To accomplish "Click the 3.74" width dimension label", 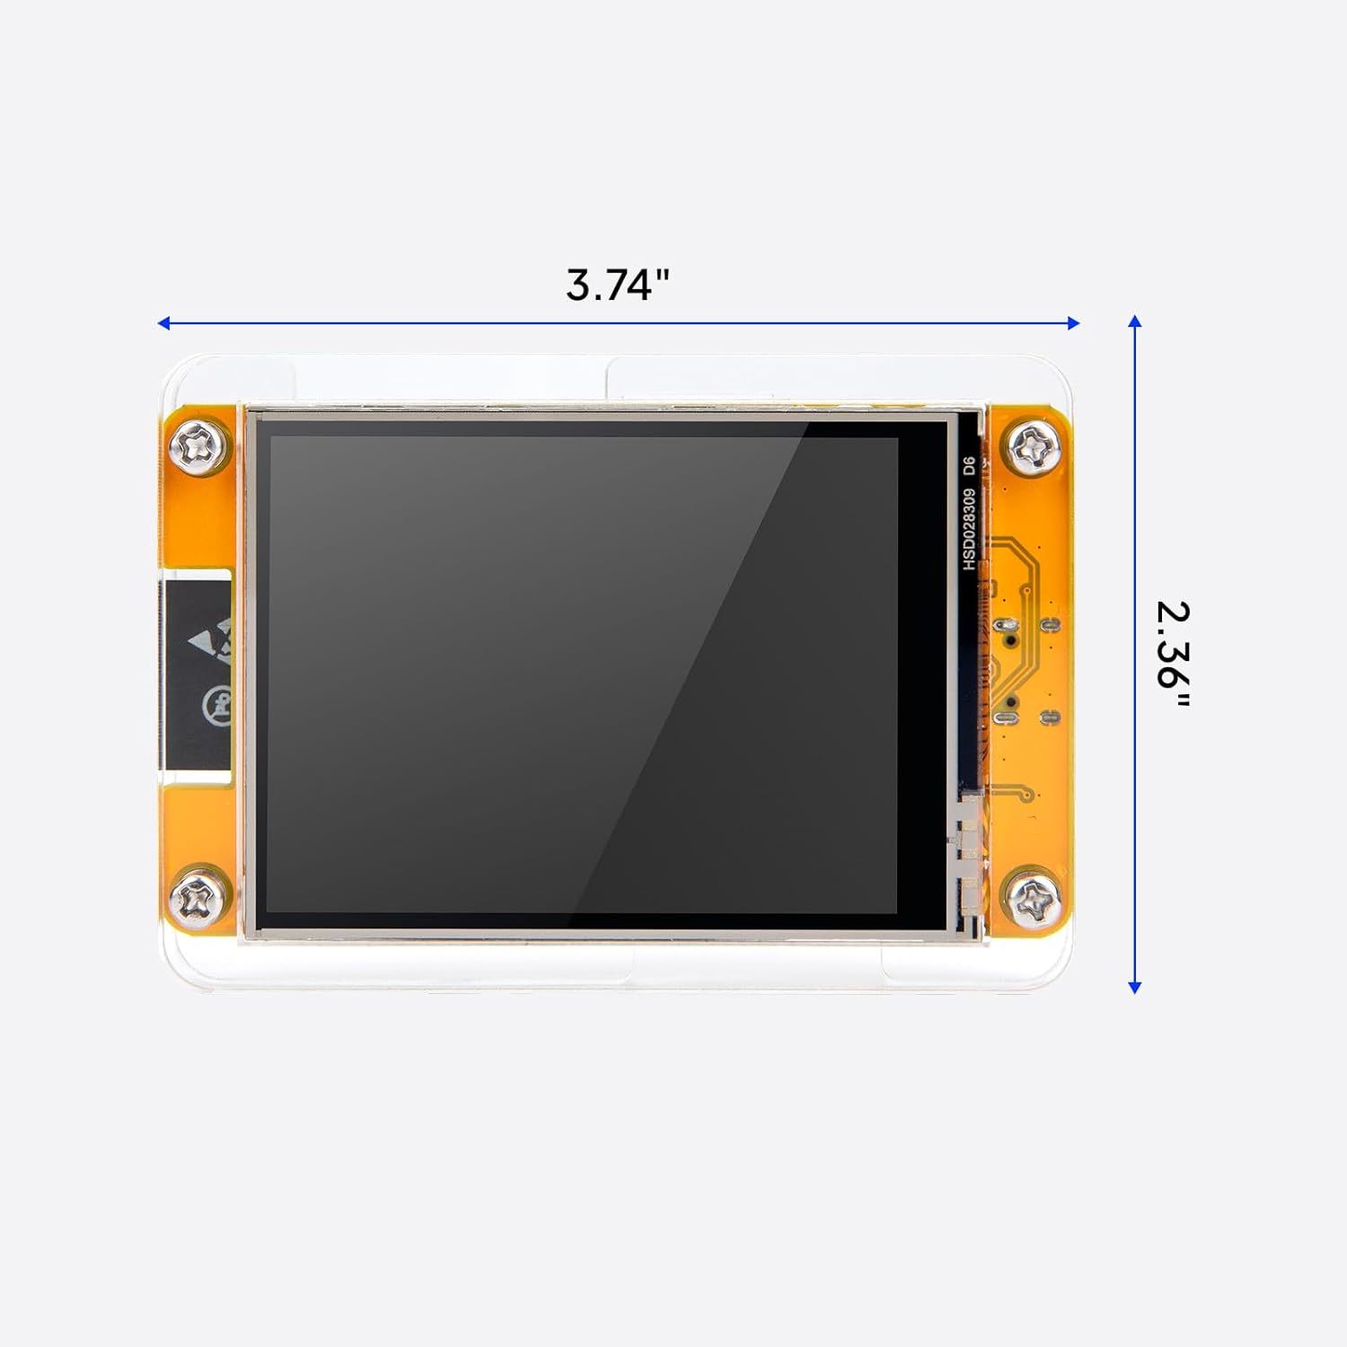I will [x=618, y=285].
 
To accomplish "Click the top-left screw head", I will [x=198, y=445].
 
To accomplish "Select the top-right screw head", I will [x=1033, y=445].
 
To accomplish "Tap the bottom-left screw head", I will [x=198, y=897].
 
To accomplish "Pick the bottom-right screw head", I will [x=1033, y=899].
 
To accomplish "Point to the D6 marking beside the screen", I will [x=969, y=466].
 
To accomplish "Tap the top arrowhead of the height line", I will [x=1135, y=321].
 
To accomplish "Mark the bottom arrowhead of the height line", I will [x=1135, y=987].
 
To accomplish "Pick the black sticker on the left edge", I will [x=198, y=673].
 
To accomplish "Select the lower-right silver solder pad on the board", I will [x=1049, y=717].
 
